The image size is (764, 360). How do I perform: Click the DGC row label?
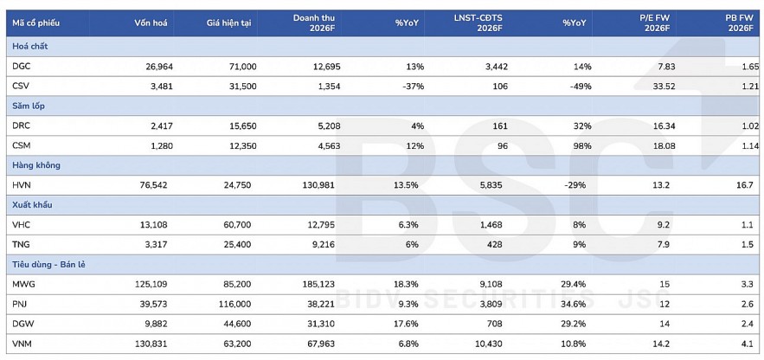22,67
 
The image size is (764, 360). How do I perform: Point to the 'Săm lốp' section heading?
29,106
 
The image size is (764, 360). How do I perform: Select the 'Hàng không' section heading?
35,164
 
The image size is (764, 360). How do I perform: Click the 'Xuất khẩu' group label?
33,203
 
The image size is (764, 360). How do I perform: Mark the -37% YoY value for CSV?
407,87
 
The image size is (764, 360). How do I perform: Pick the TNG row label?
22,243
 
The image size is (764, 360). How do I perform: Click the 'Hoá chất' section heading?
30,47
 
